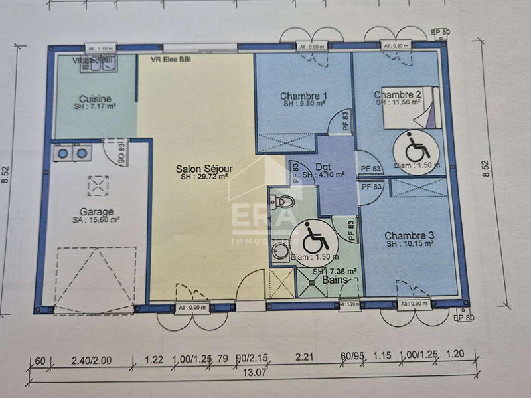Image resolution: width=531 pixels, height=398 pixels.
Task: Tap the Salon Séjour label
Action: tap(204, 169)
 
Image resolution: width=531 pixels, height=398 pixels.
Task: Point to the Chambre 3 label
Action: tap(409, 235)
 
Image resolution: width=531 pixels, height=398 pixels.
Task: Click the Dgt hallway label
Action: tap(323, 167)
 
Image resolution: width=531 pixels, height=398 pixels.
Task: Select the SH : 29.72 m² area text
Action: tap(204, 177)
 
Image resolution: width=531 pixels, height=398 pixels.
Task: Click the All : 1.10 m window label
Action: tap(101, 49)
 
